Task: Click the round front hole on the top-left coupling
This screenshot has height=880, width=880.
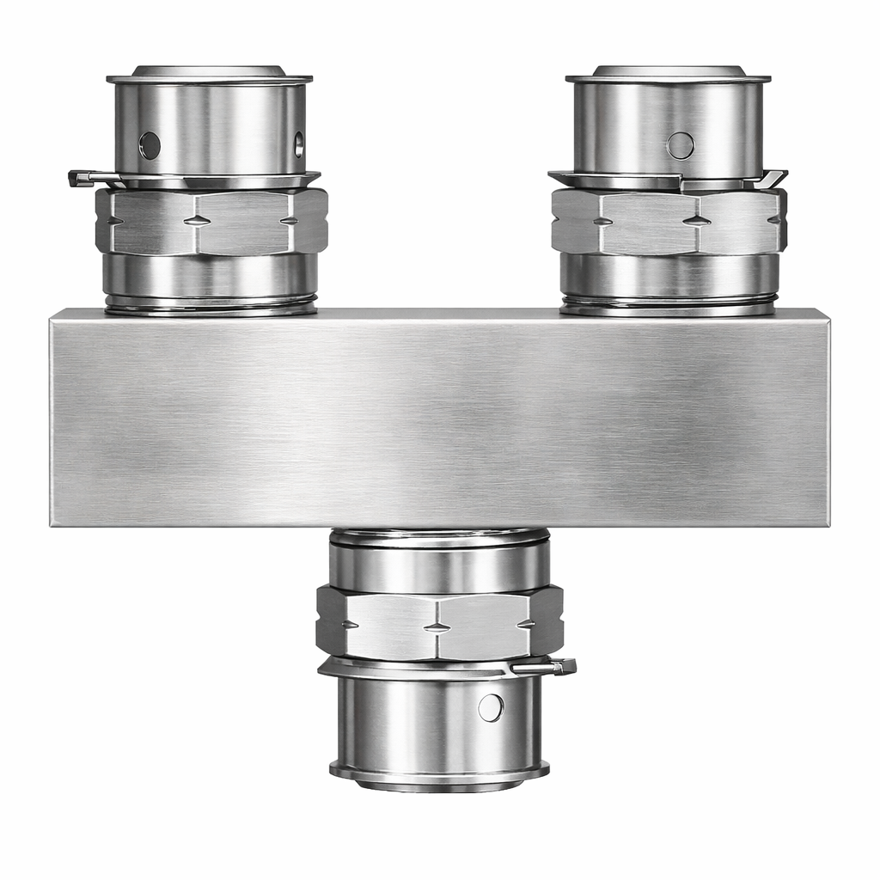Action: (150, 145)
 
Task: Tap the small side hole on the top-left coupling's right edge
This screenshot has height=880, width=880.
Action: (298, 144)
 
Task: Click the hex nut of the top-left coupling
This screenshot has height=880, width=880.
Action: (211, 221)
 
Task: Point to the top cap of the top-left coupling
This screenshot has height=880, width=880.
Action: (209, 73)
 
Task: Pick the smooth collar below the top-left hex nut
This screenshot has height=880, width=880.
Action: (211, 274)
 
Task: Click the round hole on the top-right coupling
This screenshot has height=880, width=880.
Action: (680, 145)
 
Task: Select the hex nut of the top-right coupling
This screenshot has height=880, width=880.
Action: (669, 221)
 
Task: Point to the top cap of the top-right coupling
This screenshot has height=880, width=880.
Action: (669, 73)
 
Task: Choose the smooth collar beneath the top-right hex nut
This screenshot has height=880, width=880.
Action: (669, 274)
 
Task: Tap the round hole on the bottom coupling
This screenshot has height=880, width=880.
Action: (490, 707)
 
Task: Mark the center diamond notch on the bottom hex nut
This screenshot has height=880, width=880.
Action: (437, 626)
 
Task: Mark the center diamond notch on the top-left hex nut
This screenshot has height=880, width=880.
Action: (197, 221)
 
